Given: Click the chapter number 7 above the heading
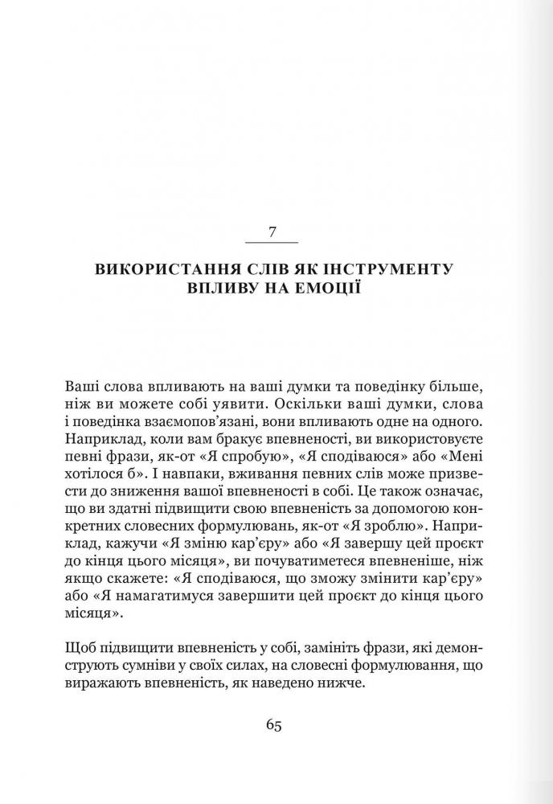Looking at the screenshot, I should click(272, 232).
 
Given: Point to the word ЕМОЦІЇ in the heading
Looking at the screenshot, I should click(328, 288).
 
